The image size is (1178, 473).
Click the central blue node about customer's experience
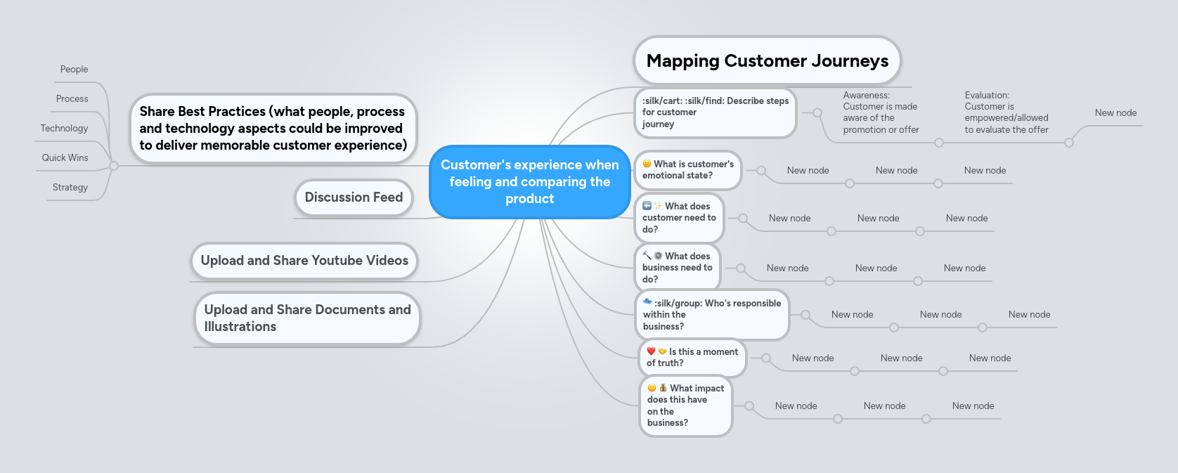529,182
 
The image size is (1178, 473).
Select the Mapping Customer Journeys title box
767,60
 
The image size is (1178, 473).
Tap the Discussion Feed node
354,197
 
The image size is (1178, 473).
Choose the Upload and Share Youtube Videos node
304,261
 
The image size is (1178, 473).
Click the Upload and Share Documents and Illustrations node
307,318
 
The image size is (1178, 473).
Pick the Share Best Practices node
273,129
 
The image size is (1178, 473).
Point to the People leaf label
74,70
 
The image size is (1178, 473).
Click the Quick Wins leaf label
65,158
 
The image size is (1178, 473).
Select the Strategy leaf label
70,188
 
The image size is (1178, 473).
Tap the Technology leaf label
64,129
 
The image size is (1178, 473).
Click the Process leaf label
72,99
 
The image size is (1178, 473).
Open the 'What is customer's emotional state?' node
687,170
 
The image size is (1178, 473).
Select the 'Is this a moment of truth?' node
692,358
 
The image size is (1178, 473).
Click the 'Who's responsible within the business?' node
711,315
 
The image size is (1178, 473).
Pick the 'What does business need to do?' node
677,268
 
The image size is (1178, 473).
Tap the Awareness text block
881,112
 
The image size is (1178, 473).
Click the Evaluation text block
1006,112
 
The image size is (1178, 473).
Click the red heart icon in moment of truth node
651,351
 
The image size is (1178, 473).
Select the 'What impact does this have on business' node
685,406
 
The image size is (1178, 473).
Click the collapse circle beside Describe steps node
817,112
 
